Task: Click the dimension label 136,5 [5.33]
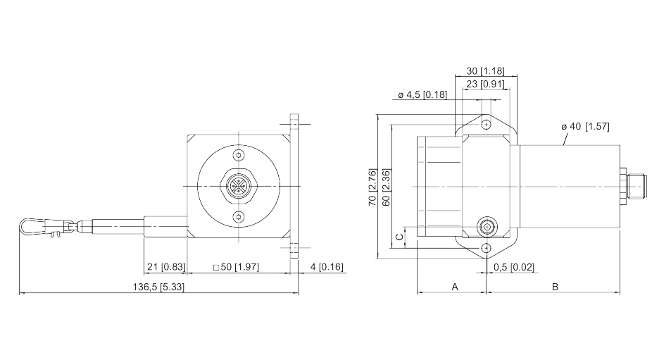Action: pyautogui.click(x=158, y=287)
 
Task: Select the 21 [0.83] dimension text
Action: pyautogui.click(x=166, y=267)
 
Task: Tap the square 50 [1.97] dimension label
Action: pyautogui.click(x=236, y=267)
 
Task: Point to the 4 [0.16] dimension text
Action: pyautogui.click(x=327, y=267)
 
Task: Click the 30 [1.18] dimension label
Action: pyautogui.click(x=485, y=71)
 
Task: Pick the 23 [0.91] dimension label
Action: pyautogui.click(x=485, y=84)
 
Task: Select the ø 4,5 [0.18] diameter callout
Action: pyautogui.click(x=422, y=94)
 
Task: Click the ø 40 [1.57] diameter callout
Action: pyautogui.click(x=585, y=126)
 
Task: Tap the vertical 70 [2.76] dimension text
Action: pyautogui.click(x=372, y=187)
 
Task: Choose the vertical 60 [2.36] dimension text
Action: pyautogui.click(x=386, y=187)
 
